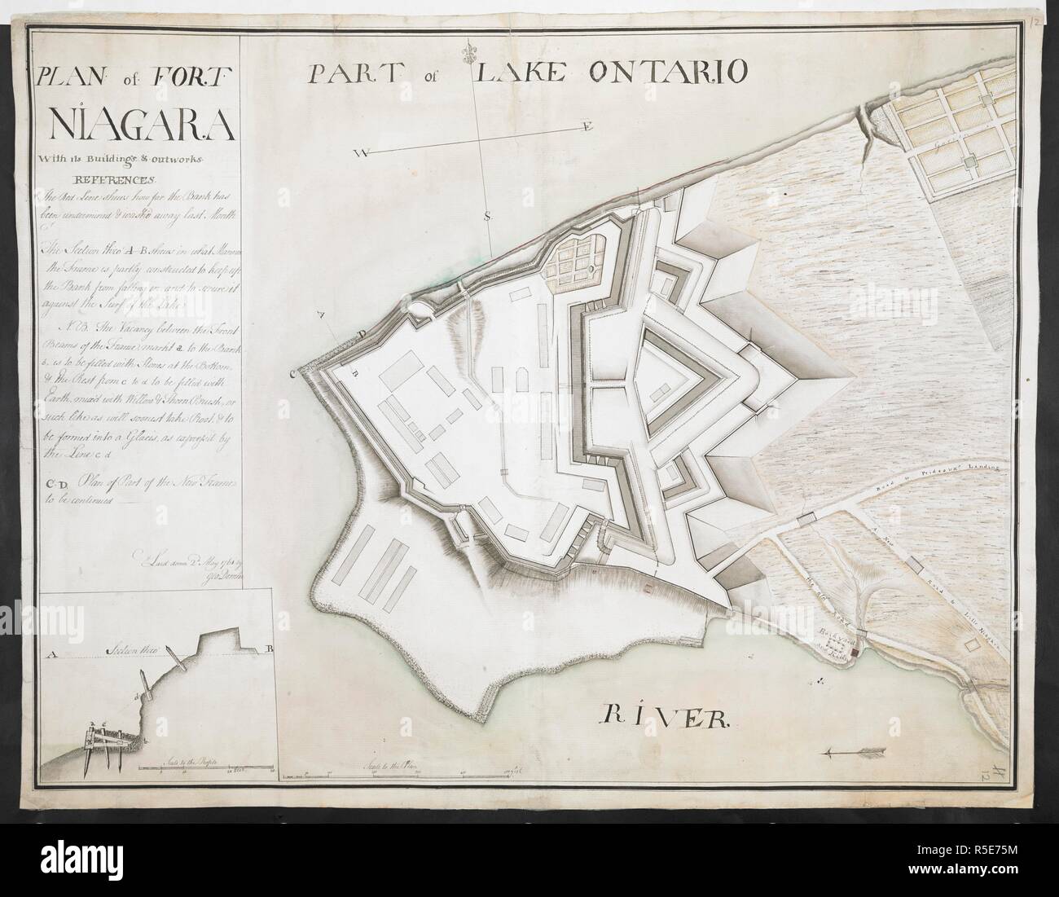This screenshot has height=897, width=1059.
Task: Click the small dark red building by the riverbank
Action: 852,651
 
